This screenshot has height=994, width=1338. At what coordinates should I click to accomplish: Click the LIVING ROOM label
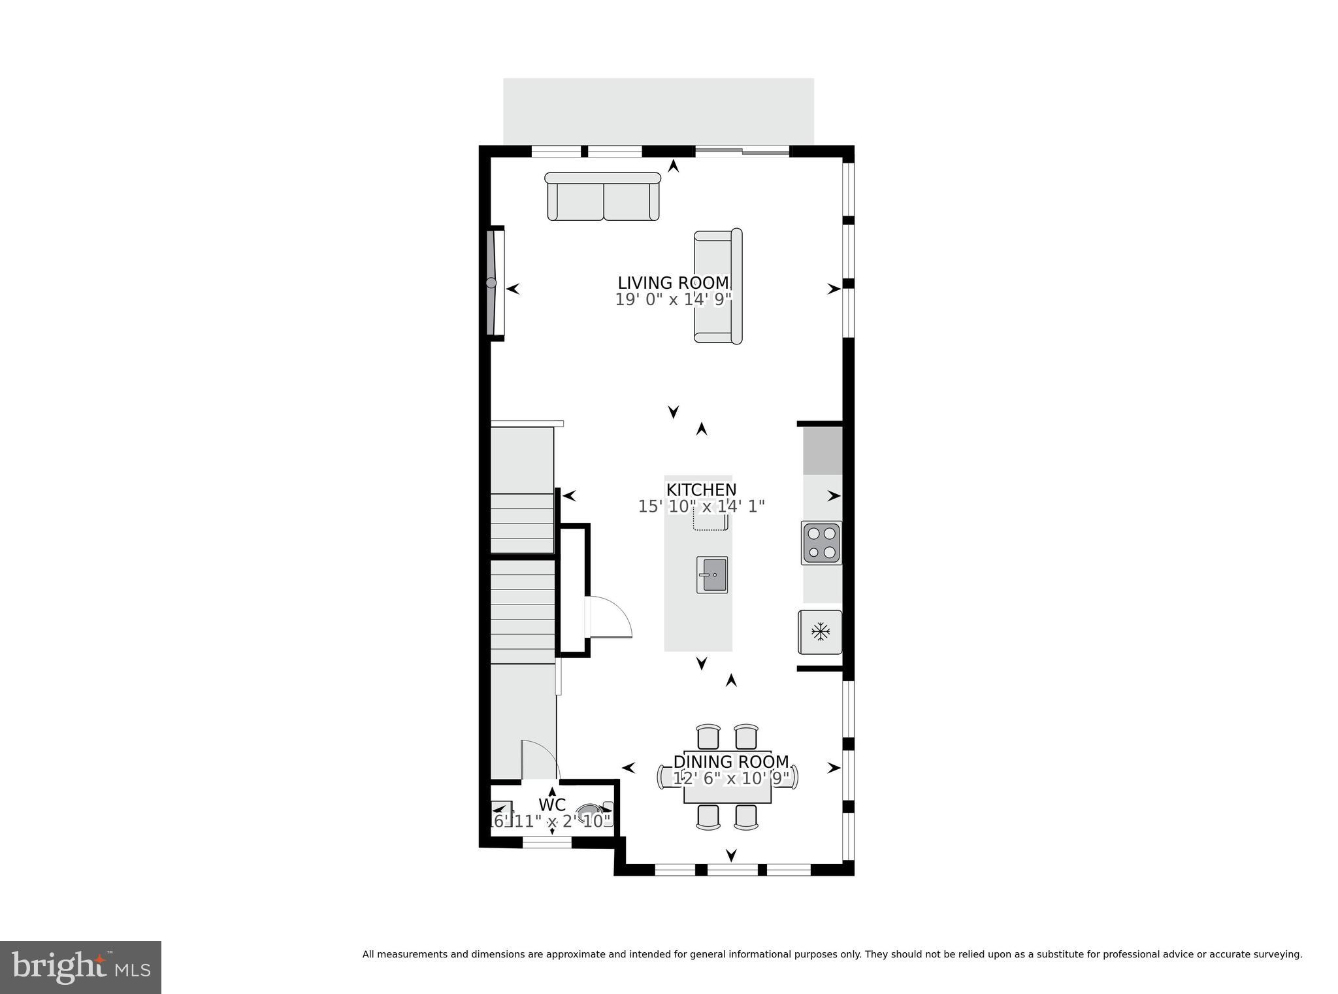[673, 283]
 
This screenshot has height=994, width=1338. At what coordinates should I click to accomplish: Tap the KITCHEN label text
[701, 489]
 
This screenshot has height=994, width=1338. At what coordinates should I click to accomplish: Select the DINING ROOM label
[731, 762]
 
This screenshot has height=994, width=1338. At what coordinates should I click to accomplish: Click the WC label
[551, 804]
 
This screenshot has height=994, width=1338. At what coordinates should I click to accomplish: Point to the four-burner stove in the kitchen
[821, 543]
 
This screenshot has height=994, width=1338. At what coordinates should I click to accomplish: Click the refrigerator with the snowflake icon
[820, 632]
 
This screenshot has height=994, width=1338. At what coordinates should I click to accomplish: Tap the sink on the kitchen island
[711, 575]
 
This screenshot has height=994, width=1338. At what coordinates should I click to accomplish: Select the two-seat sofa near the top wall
[603, 197]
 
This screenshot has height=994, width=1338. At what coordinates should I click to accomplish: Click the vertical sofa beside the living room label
[718, 286]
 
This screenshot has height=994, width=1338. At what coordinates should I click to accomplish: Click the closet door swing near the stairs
[611, 617]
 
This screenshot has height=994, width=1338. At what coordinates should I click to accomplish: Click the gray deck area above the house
[658, 111]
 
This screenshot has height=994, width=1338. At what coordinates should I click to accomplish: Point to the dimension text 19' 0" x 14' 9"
[673, 300]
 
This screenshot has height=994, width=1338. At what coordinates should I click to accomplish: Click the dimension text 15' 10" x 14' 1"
[701, 506]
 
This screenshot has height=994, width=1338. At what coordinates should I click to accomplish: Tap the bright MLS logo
[80, 967]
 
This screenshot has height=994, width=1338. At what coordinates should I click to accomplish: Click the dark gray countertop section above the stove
[822, 451]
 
